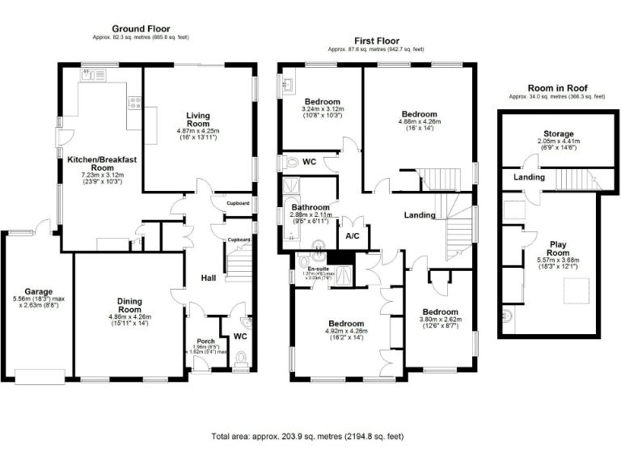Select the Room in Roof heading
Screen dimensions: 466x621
pyautogui.click(x=556, y=87)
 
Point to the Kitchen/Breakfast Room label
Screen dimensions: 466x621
pyautogui.click(x=101, y=164)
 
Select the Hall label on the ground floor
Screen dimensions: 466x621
pyautogui.click(x=208, y=279)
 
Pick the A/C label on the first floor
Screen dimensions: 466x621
pyautogui.click(x=353, y=237)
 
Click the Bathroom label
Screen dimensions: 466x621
pyautogui.click(x=310, y=207)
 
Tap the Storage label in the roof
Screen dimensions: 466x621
pyautogui.click(x=558, y=133)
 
